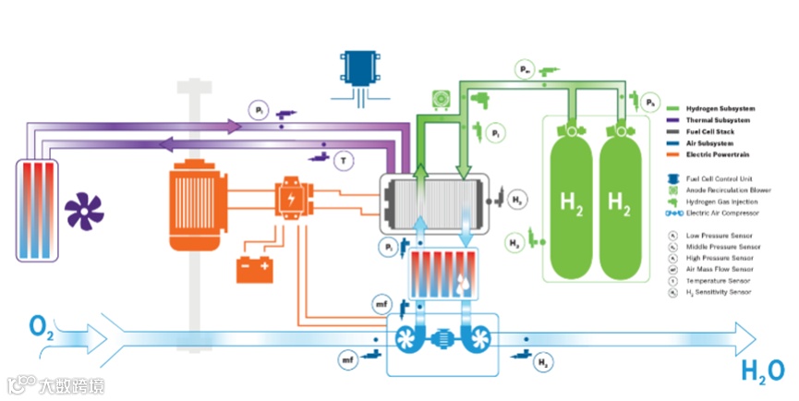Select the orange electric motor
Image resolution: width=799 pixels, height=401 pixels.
(201, 207)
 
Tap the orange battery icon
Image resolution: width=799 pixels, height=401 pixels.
(255, 269)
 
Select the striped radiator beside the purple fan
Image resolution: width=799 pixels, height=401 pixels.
(38, 208)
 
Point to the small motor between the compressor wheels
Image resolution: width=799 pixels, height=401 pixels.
(442, 339)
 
